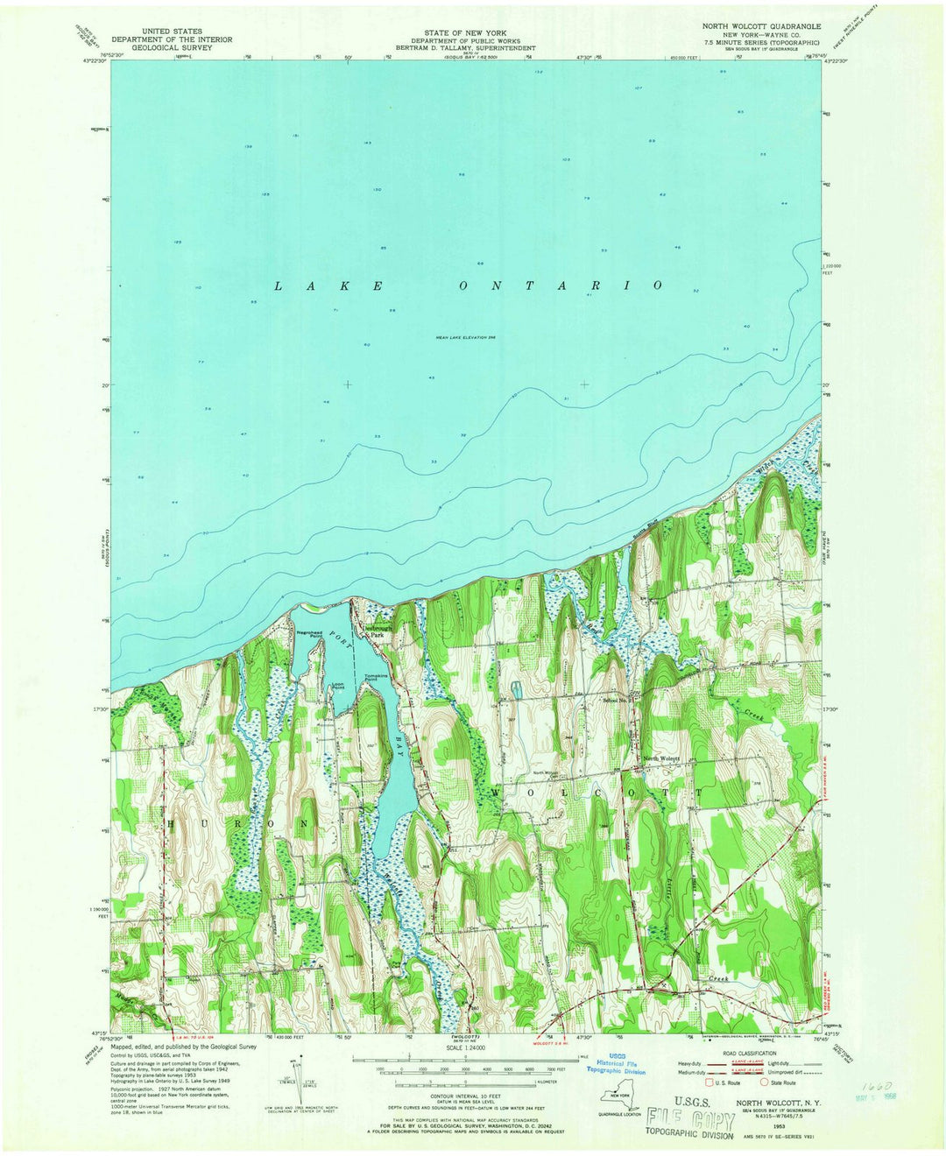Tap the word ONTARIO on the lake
pyautogui.click(x=560, y=285)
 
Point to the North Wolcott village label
pyautogui.click(x=662, y=758)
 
